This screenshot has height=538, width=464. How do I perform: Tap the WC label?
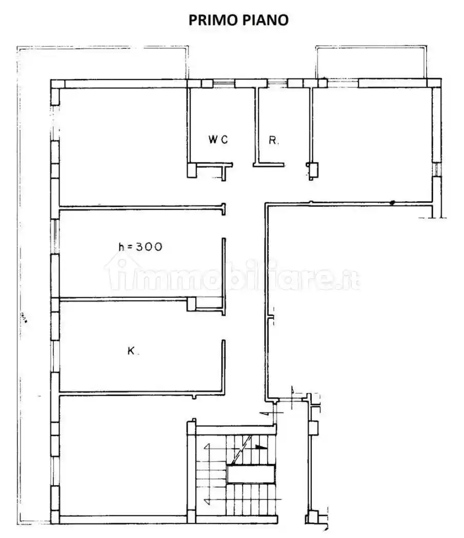click(217, 139)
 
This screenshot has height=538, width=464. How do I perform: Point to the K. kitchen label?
click(132, 351)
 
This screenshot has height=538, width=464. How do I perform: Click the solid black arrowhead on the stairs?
click(261, 447)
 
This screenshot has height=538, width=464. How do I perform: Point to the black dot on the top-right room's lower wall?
click(392, 203)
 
